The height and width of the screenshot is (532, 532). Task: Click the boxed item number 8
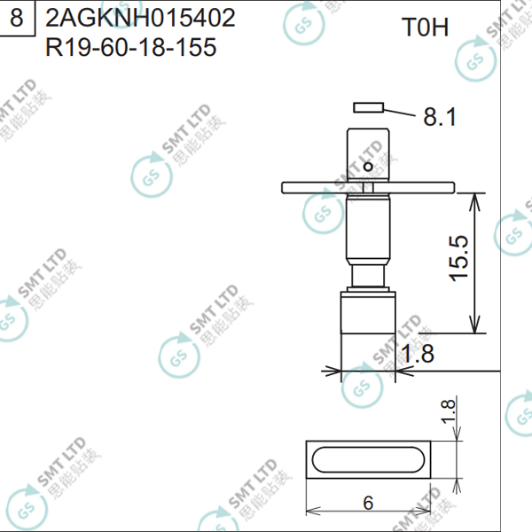17,18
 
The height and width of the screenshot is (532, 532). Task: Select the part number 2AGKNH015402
140,18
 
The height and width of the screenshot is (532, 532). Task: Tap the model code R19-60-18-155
130,47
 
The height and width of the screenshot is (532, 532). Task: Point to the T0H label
425,27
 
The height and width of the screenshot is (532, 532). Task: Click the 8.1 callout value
440,117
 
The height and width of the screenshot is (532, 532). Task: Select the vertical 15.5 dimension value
458,258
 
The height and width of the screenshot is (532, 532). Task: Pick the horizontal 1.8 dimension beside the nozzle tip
418,353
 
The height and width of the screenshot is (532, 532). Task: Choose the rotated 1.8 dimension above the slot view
448,411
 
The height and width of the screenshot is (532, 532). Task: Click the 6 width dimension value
368,503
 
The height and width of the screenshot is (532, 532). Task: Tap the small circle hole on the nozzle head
368,167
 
